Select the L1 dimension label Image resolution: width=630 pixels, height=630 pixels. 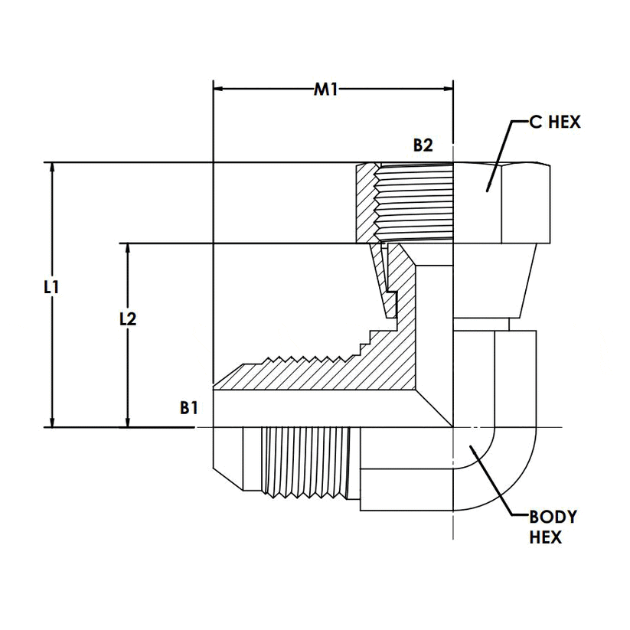point(51,288)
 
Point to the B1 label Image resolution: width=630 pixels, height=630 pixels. point(189,408)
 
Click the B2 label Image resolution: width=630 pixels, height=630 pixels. point(423,145)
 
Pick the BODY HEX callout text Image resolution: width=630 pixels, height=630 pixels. point(552,527)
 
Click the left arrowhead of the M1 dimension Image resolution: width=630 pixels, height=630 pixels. point(218,90)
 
